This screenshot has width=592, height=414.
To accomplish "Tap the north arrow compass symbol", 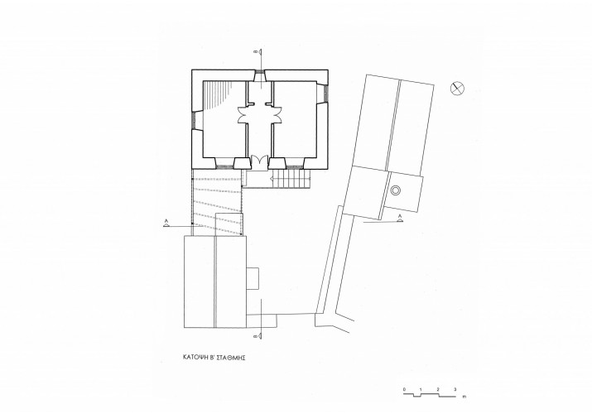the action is (x=457, y=89).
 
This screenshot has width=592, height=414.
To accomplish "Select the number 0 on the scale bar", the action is (x=404, y=389).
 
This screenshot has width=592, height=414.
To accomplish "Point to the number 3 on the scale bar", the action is (x=455, y=389).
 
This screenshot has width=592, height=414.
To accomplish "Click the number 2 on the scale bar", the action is (x=438, y=389).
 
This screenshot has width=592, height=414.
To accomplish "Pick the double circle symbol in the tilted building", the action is (x=395, y=190).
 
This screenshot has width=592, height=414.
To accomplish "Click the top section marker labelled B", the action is (x=259, y=52).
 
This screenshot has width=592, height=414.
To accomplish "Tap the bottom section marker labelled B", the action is (x=259, y=335).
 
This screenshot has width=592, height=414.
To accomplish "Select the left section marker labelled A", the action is (x=166, y=223).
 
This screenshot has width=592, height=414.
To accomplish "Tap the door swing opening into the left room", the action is (x=243, y=115).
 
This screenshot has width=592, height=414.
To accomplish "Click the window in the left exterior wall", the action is (x=194, y=120).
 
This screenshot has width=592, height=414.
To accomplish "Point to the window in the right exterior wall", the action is (x=325, y=93).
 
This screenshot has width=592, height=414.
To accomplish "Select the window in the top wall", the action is (x=260, y=72).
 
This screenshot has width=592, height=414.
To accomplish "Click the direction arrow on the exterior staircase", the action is (x=271, y=177).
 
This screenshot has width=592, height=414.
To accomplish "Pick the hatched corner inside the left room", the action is (x=217, y=94).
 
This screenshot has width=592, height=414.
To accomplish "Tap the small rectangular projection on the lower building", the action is (x=253, y=278).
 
